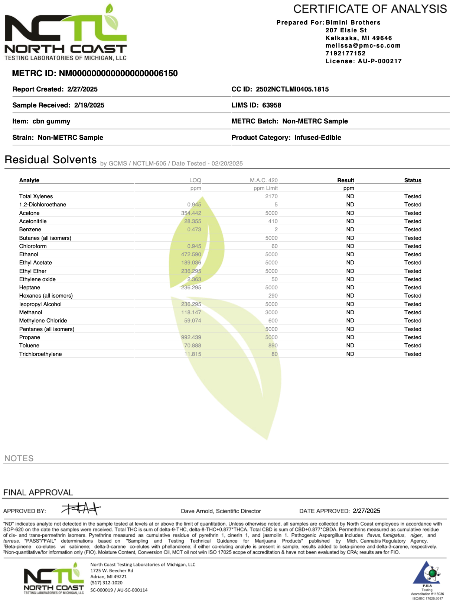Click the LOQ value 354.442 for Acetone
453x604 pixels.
[191, 213]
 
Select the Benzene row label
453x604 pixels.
[30, 229]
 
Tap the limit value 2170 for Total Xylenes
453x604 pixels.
[271, 196]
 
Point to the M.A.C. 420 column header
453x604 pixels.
[264, 180]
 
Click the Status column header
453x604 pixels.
[413, 180]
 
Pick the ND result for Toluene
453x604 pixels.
[350, 346]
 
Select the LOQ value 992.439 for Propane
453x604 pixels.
[191, 337]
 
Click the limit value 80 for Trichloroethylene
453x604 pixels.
[274, 354]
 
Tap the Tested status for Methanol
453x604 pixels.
[413, 312]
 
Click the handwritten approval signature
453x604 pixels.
[81, 508]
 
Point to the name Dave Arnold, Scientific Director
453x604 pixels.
[221, 511]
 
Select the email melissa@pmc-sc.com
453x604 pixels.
[363, 46]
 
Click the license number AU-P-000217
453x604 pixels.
[379, 61]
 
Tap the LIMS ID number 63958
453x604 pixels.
[271, 105]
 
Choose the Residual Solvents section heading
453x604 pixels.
[50, 160]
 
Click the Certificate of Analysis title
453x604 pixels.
[370, 9]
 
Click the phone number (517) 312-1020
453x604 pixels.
[107, 583]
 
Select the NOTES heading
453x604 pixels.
[19, 459]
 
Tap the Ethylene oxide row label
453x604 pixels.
[38, 279]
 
